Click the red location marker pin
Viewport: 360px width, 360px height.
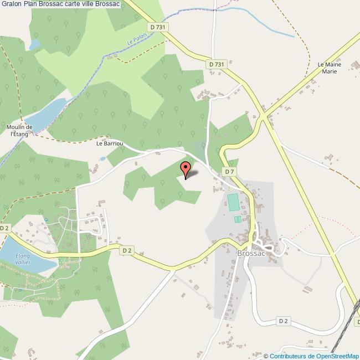point(186,169)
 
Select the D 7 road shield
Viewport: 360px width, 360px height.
point(229,172)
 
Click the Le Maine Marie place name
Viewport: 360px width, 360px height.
point(329,68)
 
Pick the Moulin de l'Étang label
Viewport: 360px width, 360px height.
point(21,131)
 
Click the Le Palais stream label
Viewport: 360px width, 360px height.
point(135,39)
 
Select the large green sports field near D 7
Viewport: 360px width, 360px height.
point(233,202)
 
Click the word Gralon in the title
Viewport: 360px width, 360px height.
point(13,4)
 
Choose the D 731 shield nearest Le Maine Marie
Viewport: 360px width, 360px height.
point(218,64)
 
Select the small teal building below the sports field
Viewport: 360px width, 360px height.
point(237,219)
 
